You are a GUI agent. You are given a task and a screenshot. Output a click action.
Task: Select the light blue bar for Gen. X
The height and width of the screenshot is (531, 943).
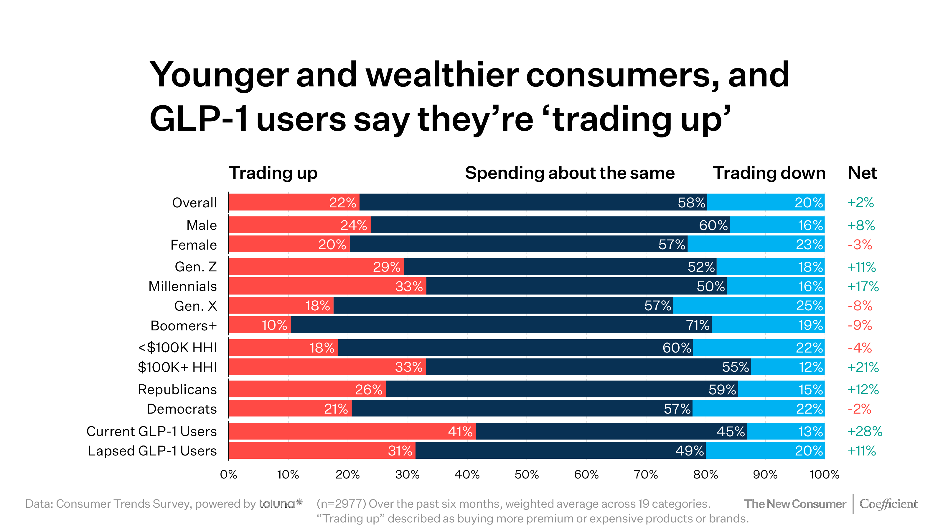click(x=749, y=306)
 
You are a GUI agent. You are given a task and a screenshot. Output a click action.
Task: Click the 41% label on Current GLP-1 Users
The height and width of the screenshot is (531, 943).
click(x=460, y=431)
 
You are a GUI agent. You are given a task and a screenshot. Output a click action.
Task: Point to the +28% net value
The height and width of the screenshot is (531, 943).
click(x=865, y=431)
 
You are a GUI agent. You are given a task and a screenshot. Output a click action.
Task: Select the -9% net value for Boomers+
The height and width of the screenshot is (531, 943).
click(x=860, y=325)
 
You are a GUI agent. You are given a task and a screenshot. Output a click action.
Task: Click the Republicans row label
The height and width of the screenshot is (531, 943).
click(x=177, y=389)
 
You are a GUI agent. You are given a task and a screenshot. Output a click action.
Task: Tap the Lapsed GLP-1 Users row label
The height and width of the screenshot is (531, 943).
click(x=152, y=451)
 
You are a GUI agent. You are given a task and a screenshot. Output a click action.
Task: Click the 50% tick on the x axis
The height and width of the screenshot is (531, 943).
click(x=526, y=475)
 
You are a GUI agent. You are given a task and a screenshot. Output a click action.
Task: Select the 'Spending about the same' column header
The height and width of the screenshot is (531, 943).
click(x=570, y=173)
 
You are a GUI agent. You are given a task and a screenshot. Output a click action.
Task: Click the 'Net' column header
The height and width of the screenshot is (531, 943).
click(x=862, y=173)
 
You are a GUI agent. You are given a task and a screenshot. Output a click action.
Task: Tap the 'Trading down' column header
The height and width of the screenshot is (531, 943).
click(x=769, y=173)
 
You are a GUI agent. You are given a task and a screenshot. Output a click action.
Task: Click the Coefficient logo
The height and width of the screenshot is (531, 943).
click(x=888, y=504)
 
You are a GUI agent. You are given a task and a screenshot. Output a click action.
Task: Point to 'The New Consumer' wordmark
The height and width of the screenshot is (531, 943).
click(x=795, y=504)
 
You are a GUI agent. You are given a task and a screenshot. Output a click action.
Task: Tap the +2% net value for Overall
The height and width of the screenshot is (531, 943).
click(x=860, y=202)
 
